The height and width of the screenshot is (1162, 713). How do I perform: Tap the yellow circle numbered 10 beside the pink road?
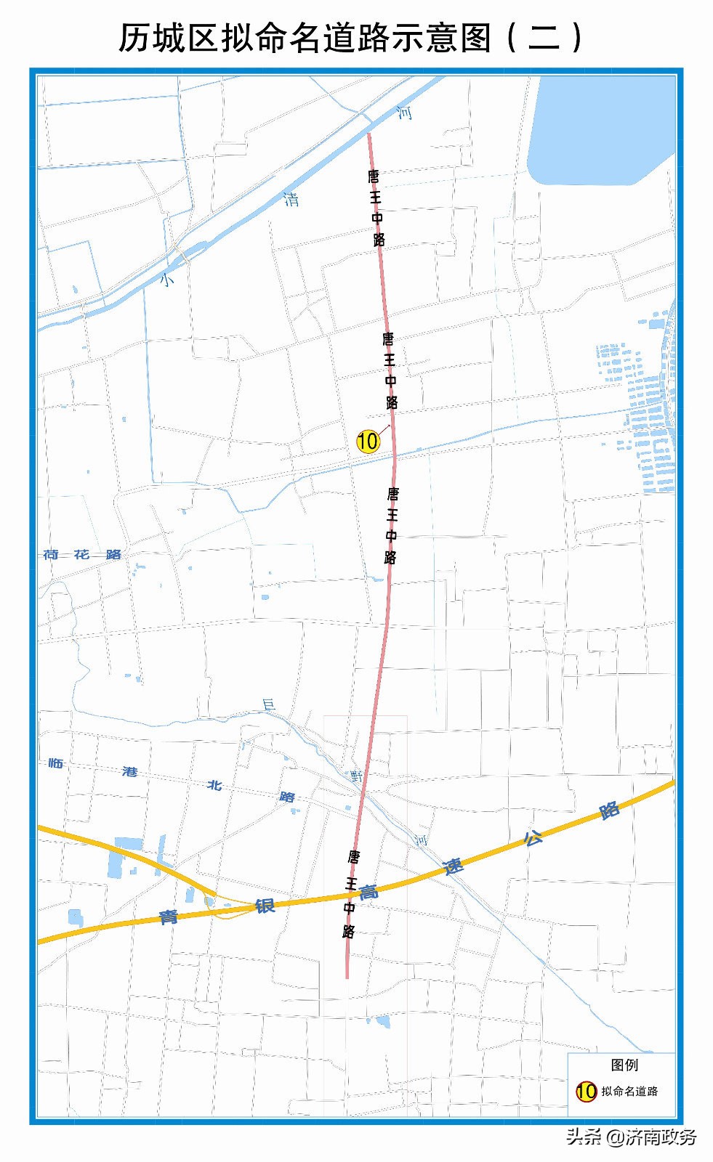tap(368, 441)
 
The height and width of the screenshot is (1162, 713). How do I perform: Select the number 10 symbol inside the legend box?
tap(586, 1091)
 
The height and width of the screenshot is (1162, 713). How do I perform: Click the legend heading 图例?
tap(624, 1065)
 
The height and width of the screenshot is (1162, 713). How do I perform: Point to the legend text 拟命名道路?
tap(629, 1092)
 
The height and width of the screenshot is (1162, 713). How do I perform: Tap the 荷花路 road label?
tap(82, 554)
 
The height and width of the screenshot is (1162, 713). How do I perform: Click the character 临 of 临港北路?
tap(56, 763)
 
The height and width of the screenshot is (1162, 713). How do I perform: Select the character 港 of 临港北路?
tap(130, 771)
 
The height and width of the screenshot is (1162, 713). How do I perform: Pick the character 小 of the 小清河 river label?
tap(168, 278)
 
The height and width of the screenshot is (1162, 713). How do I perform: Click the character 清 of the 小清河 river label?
tap(291, 198)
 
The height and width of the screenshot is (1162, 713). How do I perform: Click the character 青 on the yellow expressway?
tap(169, 917)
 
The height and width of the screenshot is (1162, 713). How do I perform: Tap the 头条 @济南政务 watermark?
tap(630, 1137)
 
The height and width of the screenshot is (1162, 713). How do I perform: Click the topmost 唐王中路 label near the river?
tap(376, 208)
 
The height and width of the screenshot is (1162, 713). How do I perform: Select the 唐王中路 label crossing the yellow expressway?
tap(350, 894)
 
